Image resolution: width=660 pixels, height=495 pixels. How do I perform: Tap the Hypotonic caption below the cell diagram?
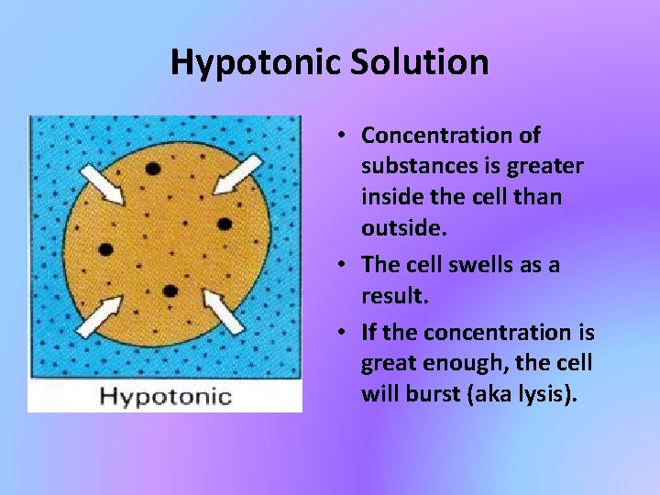(165, 396)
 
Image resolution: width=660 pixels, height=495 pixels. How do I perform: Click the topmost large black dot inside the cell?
(152, 169)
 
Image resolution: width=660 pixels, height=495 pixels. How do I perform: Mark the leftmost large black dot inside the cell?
(105, 248)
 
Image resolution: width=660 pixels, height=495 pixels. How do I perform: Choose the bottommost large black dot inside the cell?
(170, 291)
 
